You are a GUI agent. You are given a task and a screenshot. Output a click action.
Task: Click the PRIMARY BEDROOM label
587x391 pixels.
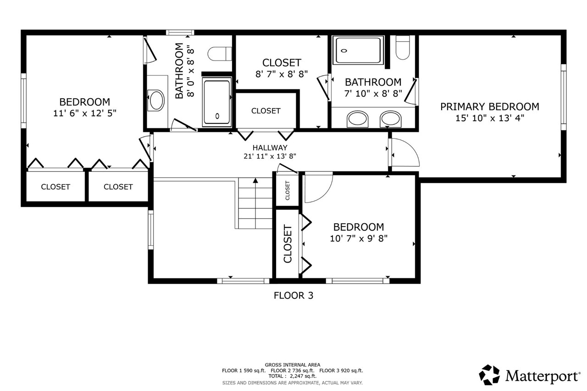click(489, 107)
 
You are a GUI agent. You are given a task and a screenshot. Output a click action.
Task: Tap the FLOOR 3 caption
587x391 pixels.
click(293, 296)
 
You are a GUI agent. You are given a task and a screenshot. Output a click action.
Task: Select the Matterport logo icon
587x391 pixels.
click(489, 375)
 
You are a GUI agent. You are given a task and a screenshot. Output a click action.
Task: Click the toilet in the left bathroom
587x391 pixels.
click(220, 54)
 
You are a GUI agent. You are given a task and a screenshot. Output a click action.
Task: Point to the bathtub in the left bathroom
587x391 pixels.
click(217, 101)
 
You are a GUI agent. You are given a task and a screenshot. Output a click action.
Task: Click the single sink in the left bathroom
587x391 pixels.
click(156, 100)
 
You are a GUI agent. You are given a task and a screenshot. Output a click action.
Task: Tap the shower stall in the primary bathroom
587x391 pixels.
click(359, 50)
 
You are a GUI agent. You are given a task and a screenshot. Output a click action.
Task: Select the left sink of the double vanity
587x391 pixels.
click(357, 119)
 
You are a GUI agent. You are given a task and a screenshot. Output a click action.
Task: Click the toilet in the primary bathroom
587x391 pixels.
click(402, 48)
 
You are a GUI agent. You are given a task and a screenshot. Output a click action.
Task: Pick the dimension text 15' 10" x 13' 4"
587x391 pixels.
click(489, 118)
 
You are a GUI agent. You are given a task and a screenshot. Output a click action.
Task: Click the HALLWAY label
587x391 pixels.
click(270, 148)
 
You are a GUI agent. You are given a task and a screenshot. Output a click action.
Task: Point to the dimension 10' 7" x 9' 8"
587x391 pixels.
click(358, 238)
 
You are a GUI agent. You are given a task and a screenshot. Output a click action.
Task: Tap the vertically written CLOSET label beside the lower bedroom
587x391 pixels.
click(288, 243)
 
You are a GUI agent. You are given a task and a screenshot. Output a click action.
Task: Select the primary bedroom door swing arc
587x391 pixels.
click(406, 152)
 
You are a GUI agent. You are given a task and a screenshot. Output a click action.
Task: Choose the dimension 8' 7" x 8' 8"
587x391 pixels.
click(282, 73)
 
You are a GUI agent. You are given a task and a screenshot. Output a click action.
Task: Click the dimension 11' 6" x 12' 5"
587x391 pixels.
click(84, 113)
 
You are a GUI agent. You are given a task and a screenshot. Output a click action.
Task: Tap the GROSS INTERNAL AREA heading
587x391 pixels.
click(293, 365)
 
